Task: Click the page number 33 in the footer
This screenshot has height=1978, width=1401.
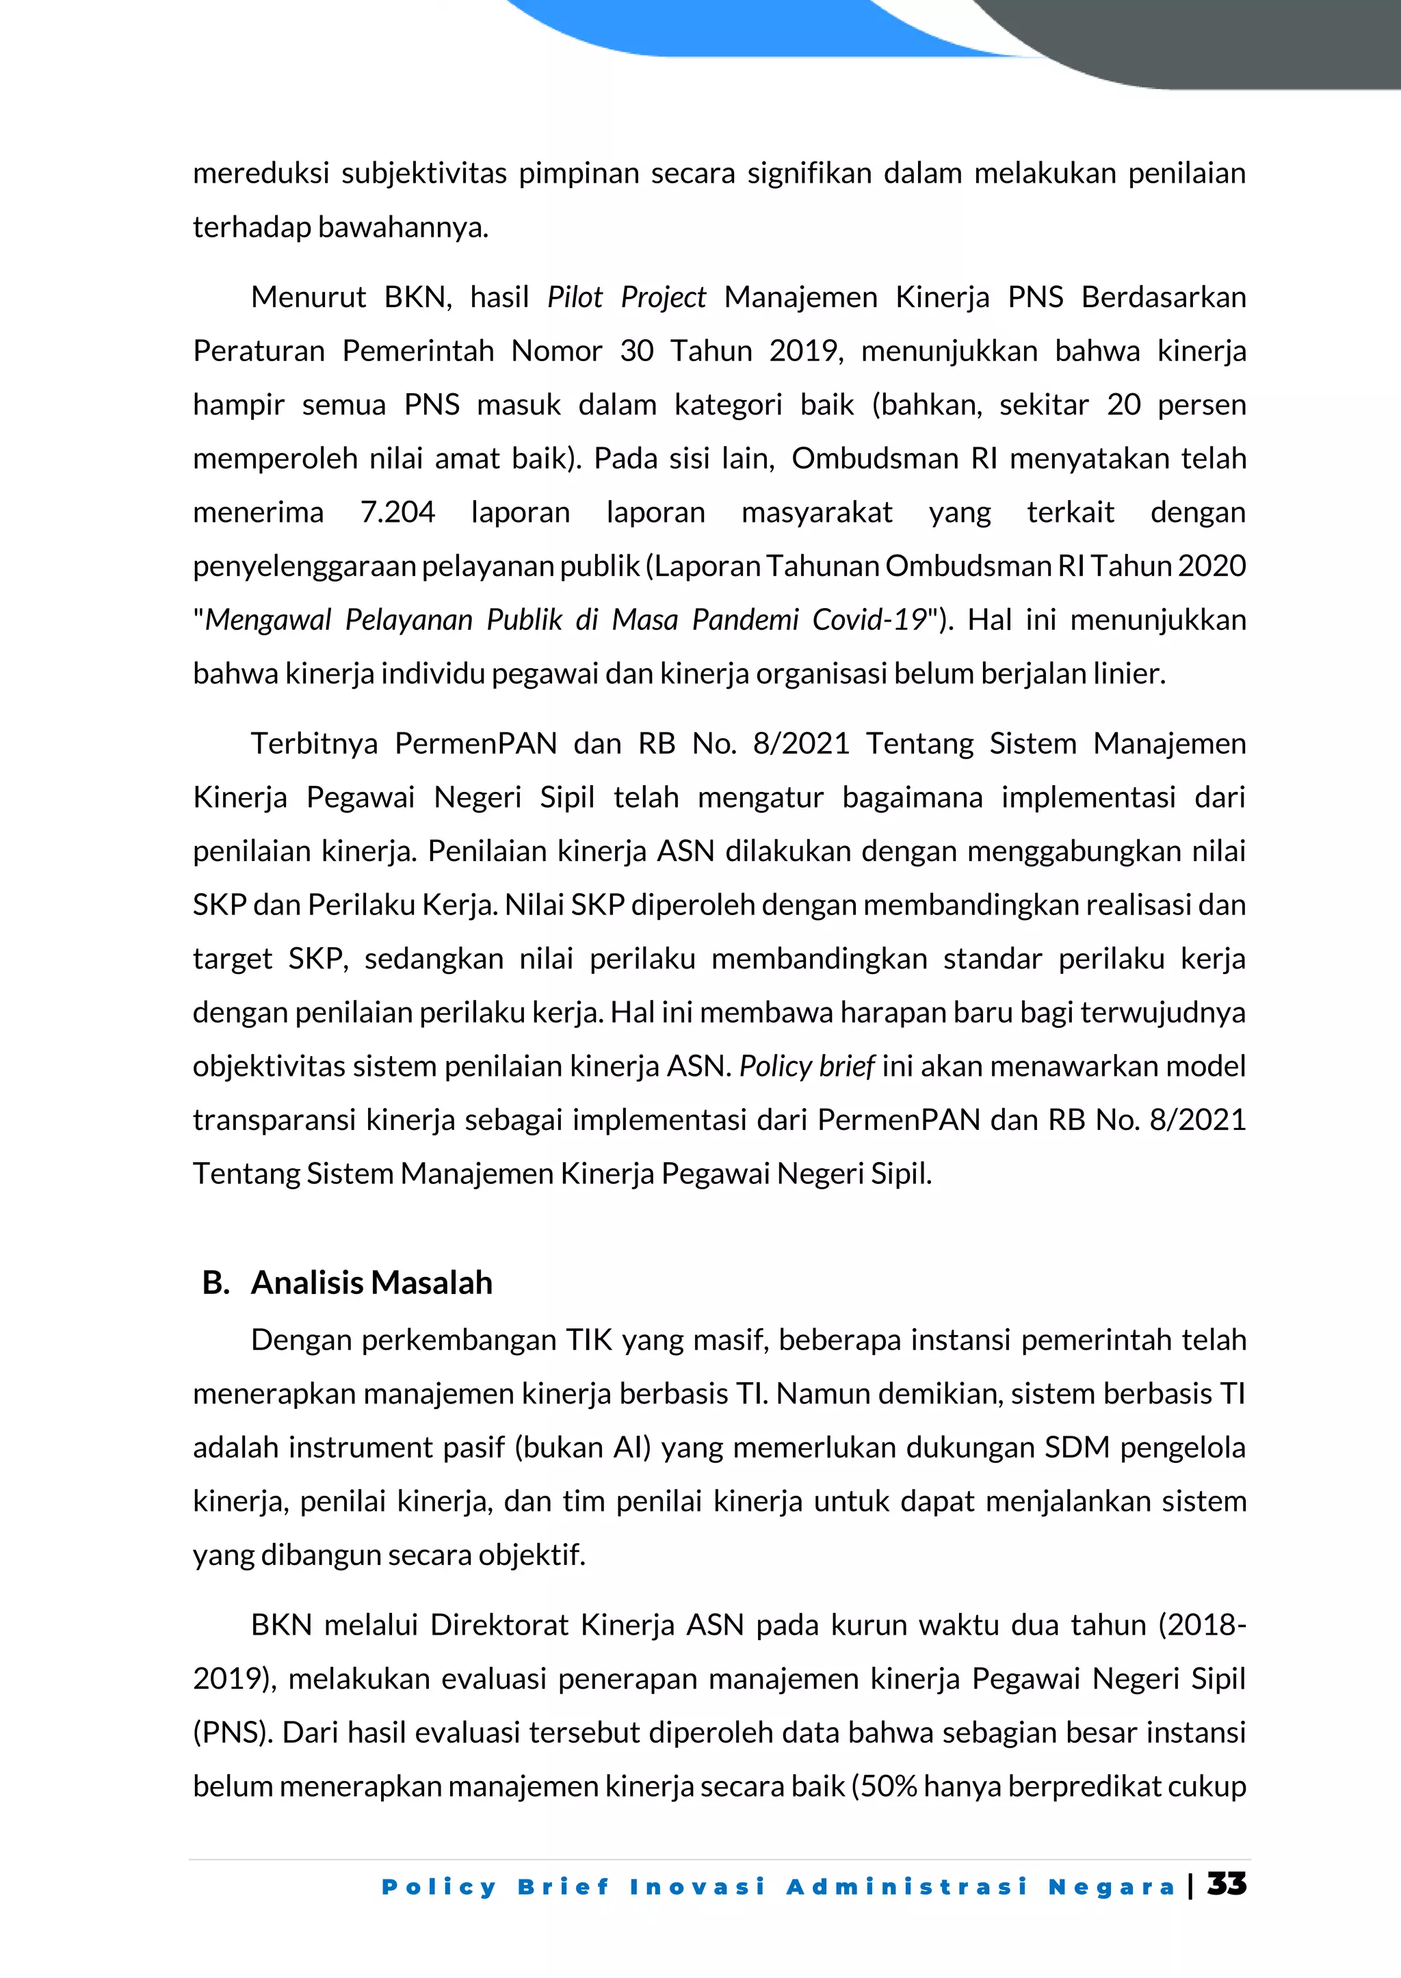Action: click(x=1226, y=1884)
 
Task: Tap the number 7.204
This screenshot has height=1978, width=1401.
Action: click(x=397, y=512)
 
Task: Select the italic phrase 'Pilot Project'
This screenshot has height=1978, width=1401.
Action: click(x=627, y=298)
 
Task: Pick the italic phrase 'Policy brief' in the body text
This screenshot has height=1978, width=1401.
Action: click(x=807, y=1067)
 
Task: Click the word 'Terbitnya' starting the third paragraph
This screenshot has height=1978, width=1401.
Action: click(x=314, y=743)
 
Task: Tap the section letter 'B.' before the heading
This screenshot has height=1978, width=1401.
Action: click(x=215, y=1282)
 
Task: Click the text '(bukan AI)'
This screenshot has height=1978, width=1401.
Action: click(x=582, y=1447)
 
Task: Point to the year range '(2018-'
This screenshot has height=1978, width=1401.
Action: click(x=1202, y=1625)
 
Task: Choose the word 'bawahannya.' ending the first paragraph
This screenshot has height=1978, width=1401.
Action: click(x=403, y=228)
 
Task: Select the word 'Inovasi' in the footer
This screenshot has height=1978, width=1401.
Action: click(x=697, y=1886)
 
